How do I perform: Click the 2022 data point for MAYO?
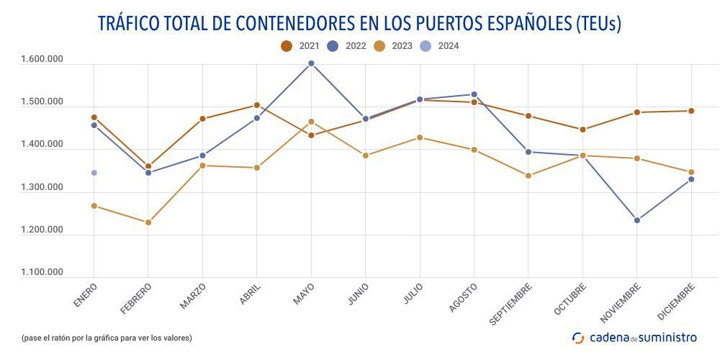coord(311,63)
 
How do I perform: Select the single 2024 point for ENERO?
coord(94,173)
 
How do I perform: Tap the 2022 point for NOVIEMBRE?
coord(637,220)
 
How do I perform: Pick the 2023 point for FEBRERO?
coord(148,222)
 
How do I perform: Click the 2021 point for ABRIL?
coord(257,105)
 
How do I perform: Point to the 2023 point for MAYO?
coord(311,122)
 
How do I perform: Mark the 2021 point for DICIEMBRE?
coord(691,111)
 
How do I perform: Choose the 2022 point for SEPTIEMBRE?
coord(528,152)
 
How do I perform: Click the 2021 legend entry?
coord(300,46)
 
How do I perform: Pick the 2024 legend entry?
coord(440,46)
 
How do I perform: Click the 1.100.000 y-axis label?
coord(42,272)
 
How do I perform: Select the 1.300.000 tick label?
coord(42,187)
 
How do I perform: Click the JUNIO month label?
coord(358,294)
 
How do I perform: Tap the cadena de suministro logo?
coord(634,337)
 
